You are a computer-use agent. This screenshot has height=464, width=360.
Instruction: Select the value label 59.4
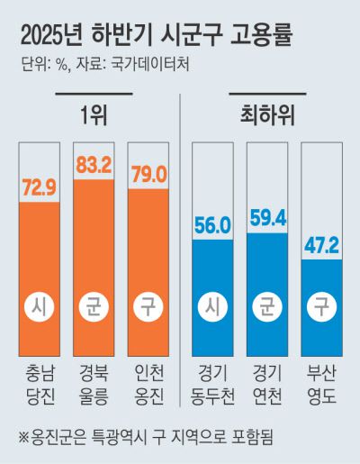pos(268,219)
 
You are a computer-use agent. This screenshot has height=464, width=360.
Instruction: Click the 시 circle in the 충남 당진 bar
pos(39,305)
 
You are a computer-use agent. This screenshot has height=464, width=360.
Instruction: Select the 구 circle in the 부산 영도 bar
pos(322,305)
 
